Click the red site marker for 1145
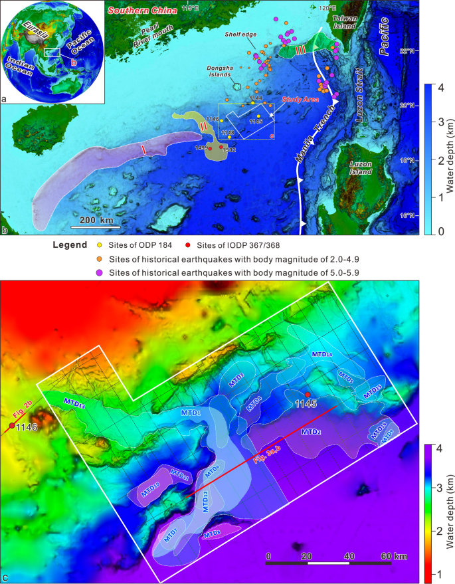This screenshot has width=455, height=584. [308, 397]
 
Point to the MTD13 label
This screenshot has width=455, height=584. [75, 403]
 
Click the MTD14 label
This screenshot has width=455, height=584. [322, 354]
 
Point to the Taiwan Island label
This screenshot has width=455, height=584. [344, 22]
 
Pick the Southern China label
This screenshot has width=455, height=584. [141, 10]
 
